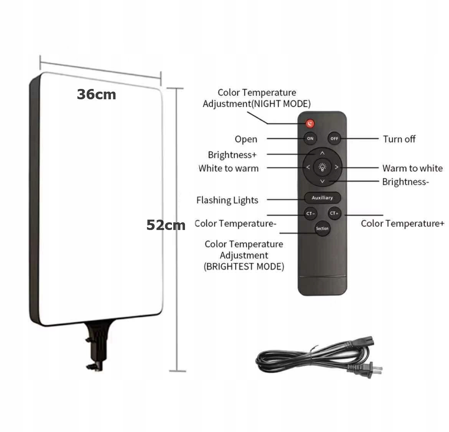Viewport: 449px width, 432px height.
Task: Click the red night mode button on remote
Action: click(310, 123)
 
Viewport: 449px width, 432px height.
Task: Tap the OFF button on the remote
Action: click(334, 138)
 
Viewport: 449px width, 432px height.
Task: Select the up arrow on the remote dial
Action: click(322, 153)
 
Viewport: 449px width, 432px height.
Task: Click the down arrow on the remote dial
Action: click(322, 181)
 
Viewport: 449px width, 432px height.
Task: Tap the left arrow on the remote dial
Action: click(308, 167)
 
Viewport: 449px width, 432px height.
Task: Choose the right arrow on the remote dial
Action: click(337, 167)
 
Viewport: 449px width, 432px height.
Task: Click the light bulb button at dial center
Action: click(322, 167)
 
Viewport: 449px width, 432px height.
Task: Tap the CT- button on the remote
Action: click(310, 214)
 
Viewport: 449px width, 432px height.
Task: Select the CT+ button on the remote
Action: click(334, 214)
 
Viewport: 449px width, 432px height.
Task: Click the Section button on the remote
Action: click(322, 228)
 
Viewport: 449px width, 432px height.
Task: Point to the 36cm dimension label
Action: click(96, 94)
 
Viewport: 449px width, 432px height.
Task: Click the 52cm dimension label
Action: click(166, 225)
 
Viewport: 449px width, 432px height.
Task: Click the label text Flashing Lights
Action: click(227, 200)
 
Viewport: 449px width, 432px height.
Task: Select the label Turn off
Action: click(399, 139)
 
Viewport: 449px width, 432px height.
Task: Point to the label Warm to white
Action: click(412, 168)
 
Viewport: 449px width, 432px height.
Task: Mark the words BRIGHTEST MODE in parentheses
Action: click(244, 267)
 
